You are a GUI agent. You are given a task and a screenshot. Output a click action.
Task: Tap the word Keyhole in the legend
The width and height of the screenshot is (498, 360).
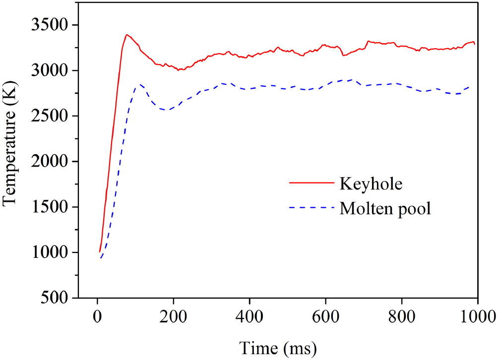pos(370,183)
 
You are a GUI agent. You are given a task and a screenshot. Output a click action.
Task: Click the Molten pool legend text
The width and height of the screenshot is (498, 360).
pos(385,209)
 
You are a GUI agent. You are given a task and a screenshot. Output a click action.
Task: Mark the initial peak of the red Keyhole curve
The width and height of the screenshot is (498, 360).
pos(127,35)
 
